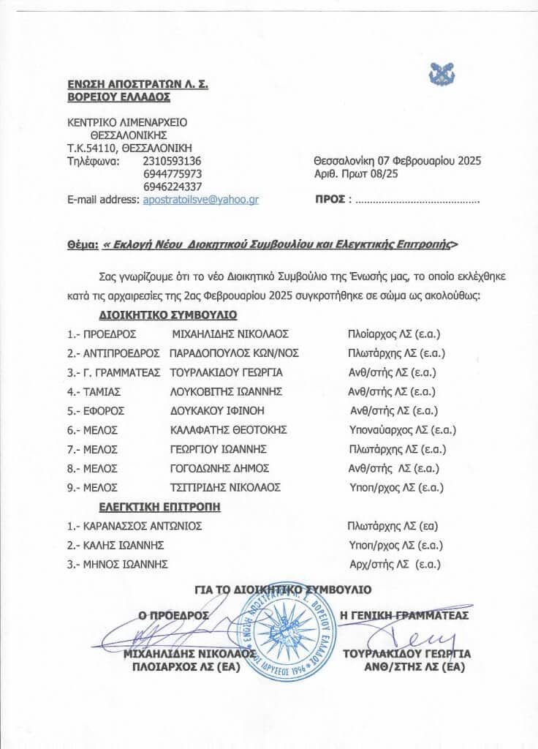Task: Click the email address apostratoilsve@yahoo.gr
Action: (201, 199)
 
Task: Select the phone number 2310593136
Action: (170, 160)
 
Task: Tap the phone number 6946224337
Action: (170, 187)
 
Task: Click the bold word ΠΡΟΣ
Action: (330, 198)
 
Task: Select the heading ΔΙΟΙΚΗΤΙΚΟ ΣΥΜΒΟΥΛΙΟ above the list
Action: (168, 317)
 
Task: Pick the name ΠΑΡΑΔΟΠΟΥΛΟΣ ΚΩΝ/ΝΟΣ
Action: (234, 353)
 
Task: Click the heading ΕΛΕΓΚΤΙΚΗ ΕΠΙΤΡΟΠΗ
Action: (159, 506)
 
